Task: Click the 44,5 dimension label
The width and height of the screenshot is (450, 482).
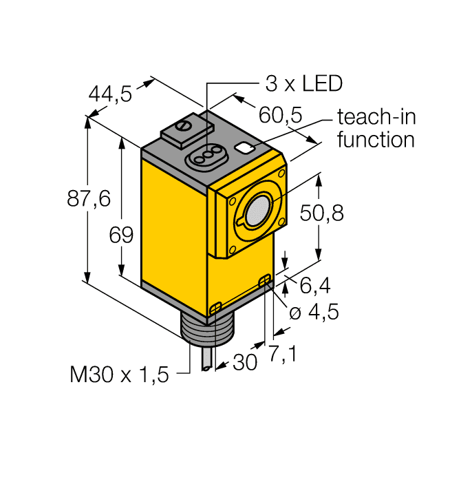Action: pyautogui.click(x=111, y=94)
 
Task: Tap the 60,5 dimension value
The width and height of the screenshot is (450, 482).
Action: pyautogui.click(x=280, y=114)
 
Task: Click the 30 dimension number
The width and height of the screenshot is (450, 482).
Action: pyautogui.click(x=245, y=362)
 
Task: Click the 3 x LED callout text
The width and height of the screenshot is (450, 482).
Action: pyautogui.click(x=303, y=84)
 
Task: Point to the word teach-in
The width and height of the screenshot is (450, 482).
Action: pyautogui.click(x=376, y=117)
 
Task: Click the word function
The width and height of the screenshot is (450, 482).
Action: pyautogui.click(x=376, y=140)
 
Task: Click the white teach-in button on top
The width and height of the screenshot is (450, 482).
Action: pyautogui.click(x=244, y=147)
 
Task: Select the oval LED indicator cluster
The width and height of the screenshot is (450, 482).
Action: pyautogui.click(x=207, y=156)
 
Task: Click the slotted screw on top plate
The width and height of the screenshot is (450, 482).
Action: pyautogui.click(x=184, y=127)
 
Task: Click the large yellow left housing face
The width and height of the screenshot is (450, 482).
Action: pyautogui.click(x=174, y=227)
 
